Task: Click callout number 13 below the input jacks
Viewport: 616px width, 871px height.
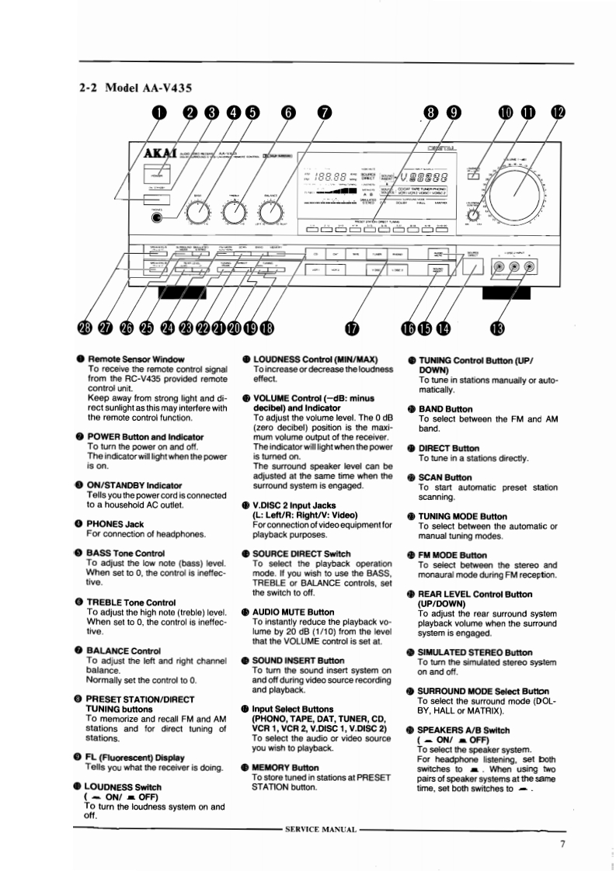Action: pyautogui.click(x=498, y=328)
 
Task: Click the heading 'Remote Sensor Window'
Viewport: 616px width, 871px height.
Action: pyautogui.click(x=136, y=359)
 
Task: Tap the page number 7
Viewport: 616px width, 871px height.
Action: pyautogui.click(x=563, y=844)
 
